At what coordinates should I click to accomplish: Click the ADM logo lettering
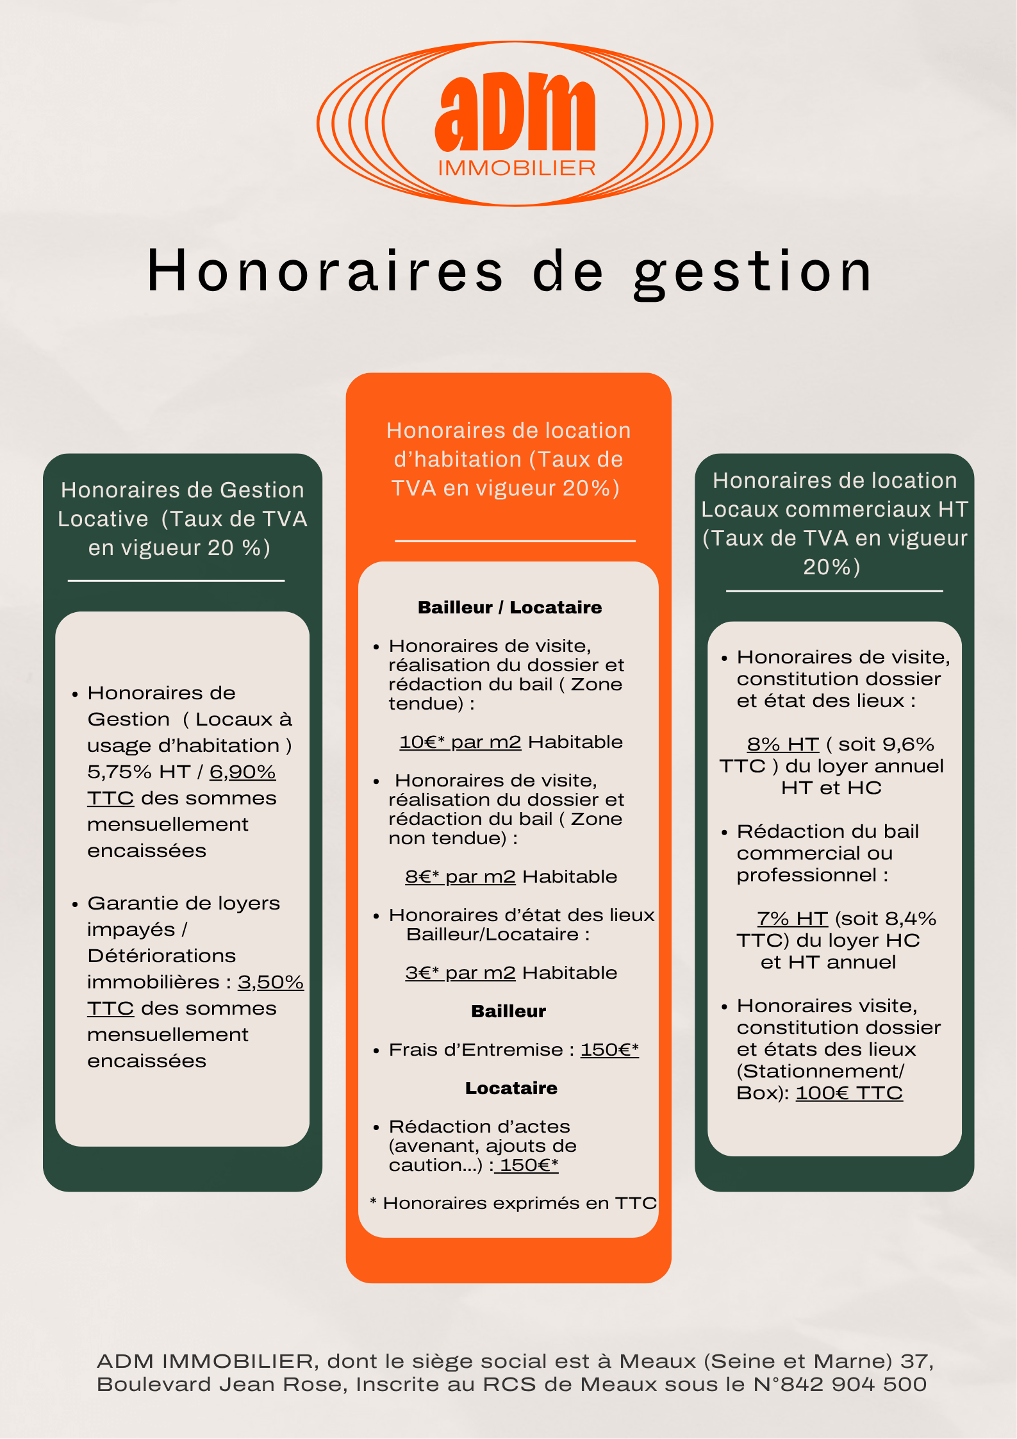(515, 112)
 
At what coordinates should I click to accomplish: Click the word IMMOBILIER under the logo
(517, 168)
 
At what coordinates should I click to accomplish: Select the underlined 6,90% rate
(242, 772)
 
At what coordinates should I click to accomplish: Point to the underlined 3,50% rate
(270, 982)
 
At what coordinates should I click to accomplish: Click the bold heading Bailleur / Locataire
(509, 607)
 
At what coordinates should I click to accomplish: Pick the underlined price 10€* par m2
(460, 742)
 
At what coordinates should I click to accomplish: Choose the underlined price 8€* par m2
(460, 876)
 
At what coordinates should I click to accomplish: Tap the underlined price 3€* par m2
(460, 972)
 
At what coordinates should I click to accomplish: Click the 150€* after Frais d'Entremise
(609, 1049)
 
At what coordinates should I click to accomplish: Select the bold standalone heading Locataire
(511, 1088)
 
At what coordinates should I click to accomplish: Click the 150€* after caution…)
(529, 1165)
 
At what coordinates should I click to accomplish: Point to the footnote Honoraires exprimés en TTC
(513, 1203)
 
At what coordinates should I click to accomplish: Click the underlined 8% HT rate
(782, 744)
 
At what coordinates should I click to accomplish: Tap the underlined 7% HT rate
(792, 919)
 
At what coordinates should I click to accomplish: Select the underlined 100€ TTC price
(849, 1093)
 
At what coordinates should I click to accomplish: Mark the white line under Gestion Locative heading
(176, 581)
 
